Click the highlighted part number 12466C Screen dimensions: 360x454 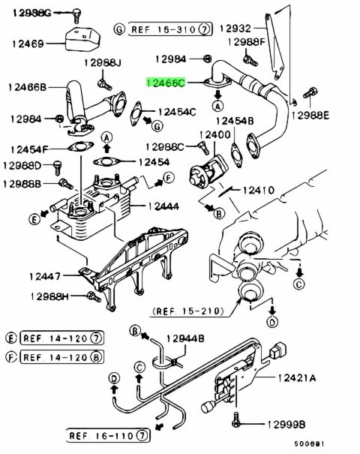(x=166, y=83)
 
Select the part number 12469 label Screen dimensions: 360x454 (x=28, y=44)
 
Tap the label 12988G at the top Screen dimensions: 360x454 (x=31, y=13)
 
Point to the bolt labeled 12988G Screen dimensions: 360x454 (x=76, y=16)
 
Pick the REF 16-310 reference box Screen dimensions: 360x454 (x=170, y=29)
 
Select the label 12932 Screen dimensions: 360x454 (x=235, y=29)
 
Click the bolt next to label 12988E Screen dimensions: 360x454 (x=310, y=93)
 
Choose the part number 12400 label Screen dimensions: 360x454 (x=215, y=135)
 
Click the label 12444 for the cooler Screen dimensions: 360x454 (x=163, y=206)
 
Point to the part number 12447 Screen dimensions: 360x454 (x=45, y=276)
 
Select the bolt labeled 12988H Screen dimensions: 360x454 (x=94, y=296)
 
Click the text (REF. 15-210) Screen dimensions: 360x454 (x=189, y=311)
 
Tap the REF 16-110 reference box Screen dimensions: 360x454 (x=108, y=435)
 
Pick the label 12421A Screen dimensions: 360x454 (x=297, y=378)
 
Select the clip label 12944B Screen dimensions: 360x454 (x=185, y=338)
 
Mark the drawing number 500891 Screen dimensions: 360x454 (x=309, y=444)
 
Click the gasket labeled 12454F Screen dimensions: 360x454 (x=81, y=146)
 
